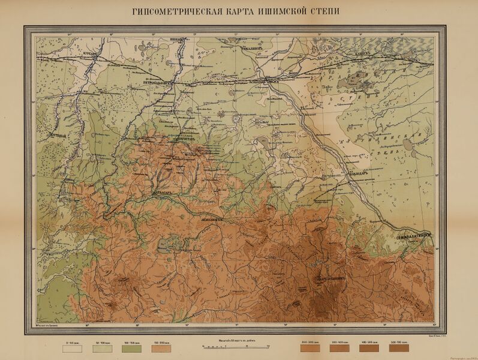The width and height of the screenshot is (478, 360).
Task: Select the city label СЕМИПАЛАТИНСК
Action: coord(414,238)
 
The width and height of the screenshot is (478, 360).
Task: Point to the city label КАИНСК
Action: coord(364,52)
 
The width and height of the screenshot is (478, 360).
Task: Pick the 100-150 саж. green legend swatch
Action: coord(132,347)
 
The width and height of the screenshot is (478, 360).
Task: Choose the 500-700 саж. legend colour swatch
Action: coord(398,347)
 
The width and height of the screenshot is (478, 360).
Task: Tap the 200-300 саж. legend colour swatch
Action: coord(310,347)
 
